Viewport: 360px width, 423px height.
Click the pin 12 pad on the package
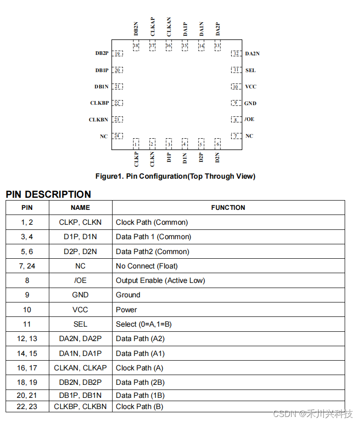click(236, 54)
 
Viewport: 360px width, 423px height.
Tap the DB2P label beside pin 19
click(102, 54)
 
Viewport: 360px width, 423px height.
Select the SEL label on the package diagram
click(250, 70)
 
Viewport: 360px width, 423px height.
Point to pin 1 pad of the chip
click(136, 144)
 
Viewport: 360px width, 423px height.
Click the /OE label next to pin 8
click(250, 120)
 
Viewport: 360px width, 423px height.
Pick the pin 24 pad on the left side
click(117, 136)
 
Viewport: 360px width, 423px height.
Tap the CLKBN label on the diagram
click(98, 120)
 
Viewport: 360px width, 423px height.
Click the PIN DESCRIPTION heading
click(48, 194)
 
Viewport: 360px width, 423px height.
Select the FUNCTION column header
click(228, 208)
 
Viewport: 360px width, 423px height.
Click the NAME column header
click(80, 208)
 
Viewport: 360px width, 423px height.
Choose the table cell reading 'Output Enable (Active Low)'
click(160, 281)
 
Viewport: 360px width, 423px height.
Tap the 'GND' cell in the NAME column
click(80, 295)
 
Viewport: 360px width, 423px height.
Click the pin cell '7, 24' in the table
click(27, 266)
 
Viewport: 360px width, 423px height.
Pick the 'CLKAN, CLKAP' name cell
click(80, 368)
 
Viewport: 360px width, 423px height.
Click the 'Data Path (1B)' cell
click(140, 396)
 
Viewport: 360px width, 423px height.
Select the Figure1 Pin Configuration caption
click(175, 176)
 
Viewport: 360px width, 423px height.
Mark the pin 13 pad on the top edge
click(217, 46)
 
